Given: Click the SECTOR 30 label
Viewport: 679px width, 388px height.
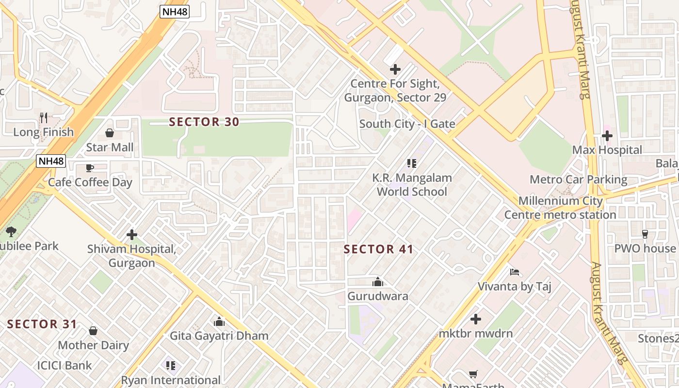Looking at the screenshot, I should click(204, 122).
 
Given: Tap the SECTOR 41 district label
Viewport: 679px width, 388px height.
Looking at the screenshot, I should click(378, 249).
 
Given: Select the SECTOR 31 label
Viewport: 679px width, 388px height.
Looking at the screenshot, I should click(42, 324).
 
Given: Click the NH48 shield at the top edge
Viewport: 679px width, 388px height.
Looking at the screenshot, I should click(175, 12).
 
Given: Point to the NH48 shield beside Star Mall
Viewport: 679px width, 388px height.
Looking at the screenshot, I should click(51, 161).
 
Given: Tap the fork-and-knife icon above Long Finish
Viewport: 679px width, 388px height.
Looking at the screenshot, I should click(44, 117).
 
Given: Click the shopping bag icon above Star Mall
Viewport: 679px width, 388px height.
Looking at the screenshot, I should click(110, 133).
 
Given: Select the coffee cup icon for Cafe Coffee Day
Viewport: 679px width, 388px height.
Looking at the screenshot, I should click(90, 168).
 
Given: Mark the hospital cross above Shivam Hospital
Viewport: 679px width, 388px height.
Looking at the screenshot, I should click(132, 235).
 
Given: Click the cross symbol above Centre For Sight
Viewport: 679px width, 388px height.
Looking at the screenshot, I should click(395, 69).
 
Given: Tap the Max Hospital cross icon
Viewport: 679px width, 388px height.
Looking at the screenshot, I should click(607, 136).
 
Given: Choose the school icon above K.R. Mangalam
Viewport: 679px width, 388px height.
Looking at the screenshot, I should click(412, 163).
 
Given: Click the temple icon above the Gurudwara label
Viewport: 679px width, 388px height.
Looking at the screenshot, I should click(378, 282).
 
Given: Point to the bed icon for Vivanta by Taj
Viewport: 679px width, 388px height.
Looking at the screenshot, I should click(515, 272).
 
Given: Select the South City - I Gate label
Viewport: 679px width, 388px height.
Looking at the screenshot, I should click(407, 124).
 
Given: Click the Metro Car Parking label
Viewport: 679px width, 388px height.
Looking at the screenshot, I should click(578, 179).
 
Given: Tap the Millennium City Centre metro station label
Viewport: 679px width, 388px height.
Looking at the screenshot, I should click(560, 208).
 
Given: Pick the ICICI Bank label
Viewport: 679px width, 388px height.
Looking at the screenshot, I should click(65, 365).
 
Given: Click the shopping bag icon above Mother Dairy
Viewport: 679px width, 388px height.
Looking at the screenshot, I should click(93, 331).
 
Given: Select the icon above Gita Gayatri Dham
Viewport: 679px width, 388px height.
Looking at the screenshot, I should click(219, 322).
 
